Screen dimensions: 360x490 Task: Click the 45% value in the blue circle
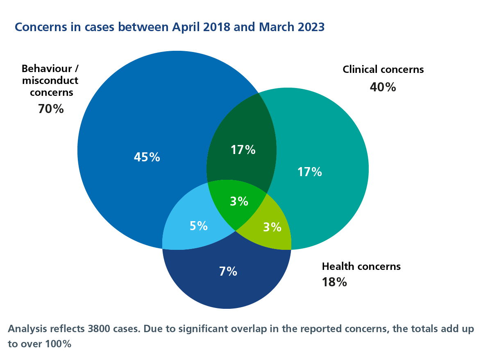click(147, 157)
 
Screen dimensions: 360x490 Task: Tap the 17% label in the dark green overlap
click(243, 150)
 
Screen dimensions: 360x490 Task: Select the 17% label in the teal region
click(309, 172)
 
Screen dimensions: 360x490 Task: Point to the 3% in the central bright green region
click(239, 202)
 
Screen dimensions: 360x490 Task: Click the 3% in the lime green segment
click(272, 227)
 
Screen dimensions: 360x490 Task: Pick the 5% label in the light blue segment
click(199, 226)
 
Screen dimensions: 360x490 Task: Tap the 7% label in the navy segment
click(228, 271)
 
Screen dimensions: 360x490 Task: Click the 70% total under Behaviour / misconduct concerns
click(51, 109)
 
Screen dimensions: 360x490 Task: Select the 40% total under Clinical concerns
click(383, 87)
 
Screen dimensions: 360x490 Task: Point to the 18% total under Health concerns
click(334, 282)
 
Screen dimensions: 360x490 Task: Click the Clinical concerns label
click(383, 69)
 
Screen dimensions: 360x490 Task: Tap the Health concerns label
click(361, 266)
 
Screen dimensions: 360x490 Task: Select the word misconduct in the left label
click(50, 80)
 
